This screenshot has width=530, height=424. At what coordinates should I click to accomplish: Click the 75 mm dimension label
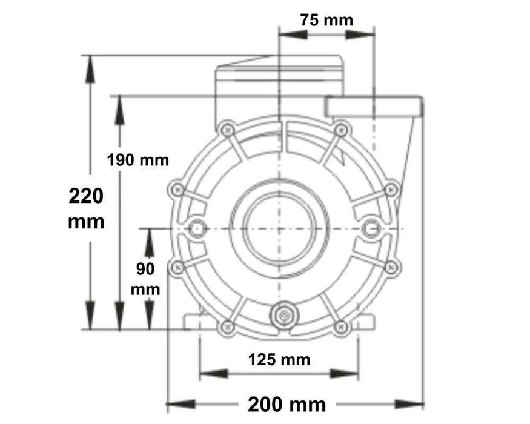pyautogui.click(x=326, y=19)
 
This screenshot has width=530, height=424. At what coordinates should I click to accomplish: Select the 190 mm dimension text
pyautogui.click(x=137, y=161)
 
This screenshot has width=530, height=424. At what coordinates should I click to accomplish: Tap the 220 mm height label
pyautogui.click(x=86, y=209)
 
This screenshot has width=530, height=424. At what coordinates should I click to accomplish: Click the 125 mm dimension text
pyautogui.click(x=279, y=360)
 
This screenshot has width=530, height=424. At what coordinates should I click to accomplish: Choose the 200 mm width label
pyautogui.click(x=287, y=404)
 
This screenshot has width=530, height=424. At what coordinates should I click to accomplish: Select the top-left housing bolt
pyautogui.click(x=228, y=129)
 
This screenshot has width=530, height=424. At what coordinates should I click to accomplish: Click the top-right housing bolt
pyautogui.click(x=342, y=129)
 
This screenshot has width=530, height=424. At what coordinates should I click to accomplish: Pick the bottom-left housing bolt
pyautogui.click(x=228, y=327)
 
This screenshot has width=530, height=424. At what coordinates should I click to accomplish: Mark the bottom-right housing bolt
pyautogui.click(x=342, y=327)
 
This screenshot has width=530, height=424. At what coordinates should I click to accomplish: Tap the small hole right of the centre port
pyautogui.click(x=371, y=228)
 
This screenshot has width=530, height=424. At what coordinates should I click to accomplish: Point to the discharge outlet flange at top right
pyautogui.click(x=374, y=107)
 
